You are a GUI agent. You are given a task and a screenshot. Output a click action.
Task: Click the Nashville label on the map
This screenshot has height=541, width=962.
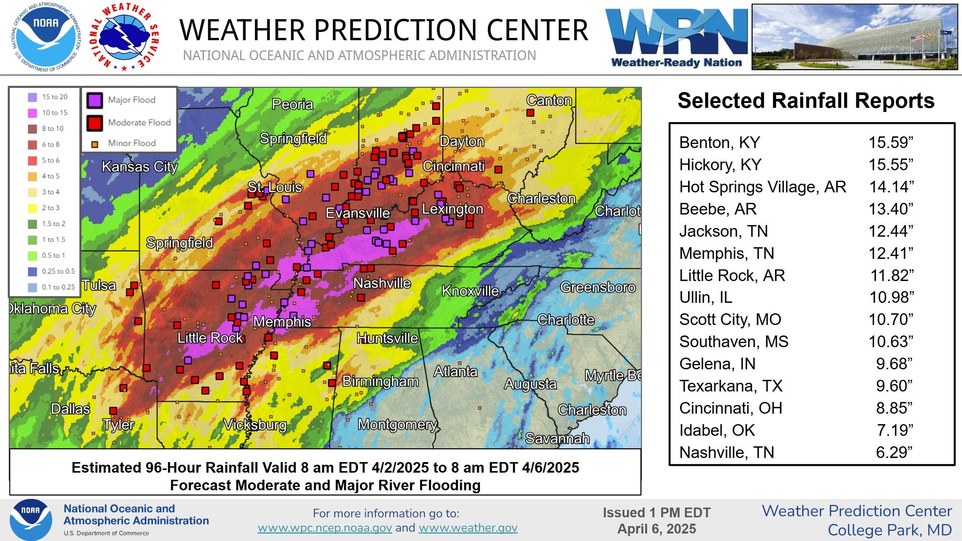coord(382,283)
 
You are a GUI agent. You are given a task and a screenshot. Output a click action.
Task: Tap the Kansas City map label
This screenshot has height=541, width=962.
coord(139,166)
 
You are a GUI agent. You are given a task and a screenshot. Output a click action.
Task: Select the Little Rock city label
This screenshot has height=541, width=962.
coord(210,338)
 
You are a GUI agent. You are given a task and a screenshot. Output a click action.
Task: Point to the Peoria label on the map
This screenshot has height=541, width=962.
coord(292,104)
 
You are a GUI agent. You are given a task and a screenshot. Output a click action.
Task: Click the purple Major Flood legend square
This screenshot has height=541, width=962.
coord(94,100)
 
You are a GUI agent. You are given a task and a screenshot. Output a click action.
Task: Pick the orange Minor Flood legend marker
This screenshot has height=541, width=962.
coord(95,144)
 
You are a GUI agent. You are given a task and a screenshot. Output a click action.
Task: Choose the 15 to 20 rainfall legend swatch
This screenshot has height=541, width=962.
coord(32,97)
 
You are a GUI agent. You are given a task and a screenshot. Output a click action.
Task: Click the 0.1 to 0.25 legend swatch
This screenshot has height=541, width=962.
coord(32,287)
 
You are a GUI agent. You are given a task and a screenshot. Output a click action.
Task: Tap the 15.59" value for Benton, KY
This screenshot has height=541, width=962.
coord(891,142)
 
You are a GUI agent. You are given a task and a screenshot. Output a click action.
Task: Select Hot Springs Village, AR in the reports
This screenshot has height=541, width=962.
coord(762,187)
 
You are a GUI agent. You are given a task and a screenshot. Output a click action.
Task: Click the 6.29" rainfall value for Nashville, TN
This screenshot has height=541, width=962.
coord(894,452)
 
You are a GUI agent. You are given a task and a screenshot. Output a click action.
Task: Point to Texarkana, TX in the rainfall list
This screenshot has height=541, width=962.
coord(731,386)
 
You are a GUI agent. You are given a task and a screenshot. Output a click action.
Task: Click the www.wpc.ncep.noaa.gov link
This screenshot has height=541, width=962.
coord(325,528)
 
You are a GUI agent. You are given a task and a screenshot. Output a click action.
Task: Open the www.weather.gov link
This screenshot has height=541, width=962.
coord(468,528)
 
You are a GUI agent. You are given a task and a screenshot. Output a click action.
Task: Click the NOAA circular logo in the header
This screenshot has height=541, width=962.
coord(46,36)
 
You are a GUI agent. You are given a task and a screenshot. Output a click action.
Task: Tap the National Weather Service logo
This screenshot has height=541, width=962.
coord(125,36)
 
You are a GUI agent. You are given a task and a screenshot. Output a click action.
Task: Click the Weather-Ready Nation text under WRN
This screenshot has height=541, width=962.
coord(676,62)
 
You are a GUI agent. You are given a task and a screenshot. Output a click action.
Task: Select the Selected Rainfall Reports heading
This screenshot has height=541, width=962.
coord(806,101)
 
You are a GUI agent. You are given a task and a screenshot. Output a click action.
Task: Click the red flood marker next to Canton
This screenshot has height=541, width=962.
coord(530,113)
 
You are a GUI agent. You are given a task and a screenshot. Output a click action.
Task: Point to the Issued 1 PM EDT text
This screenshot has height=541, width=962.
coord(656,512)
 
